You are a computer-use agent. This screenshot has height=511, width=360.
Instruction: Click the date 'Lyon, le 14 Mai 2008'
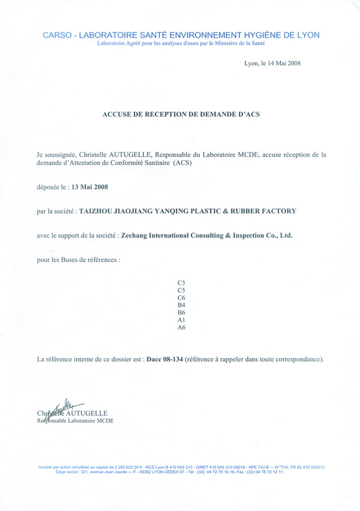pos(272,64)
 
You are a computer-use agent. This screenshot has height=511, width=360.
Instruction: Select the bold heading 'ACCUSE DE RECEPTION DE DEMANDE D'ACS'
pos(181,113)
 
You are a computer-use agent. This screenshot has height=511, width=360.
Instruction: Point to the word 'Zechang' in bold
pos(136,236)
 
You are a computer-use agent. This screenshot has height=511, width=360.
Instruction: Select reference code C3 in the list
pos(181,281)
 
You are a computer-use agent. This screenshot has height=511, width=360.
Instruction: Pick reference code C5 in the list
pos(181,290)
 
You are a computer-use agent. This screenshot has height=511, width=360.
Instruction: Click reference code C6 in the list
pos(181,297)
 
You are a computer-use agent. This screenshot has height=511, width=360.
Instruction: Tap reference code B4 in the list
pos(181,305)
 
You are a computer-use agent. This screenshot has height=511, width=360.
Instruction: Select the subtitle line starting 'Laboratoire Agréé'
pos(181,43)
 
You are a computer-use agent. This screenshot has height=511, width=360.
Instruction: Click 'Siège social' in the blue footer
pos(67,472)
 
